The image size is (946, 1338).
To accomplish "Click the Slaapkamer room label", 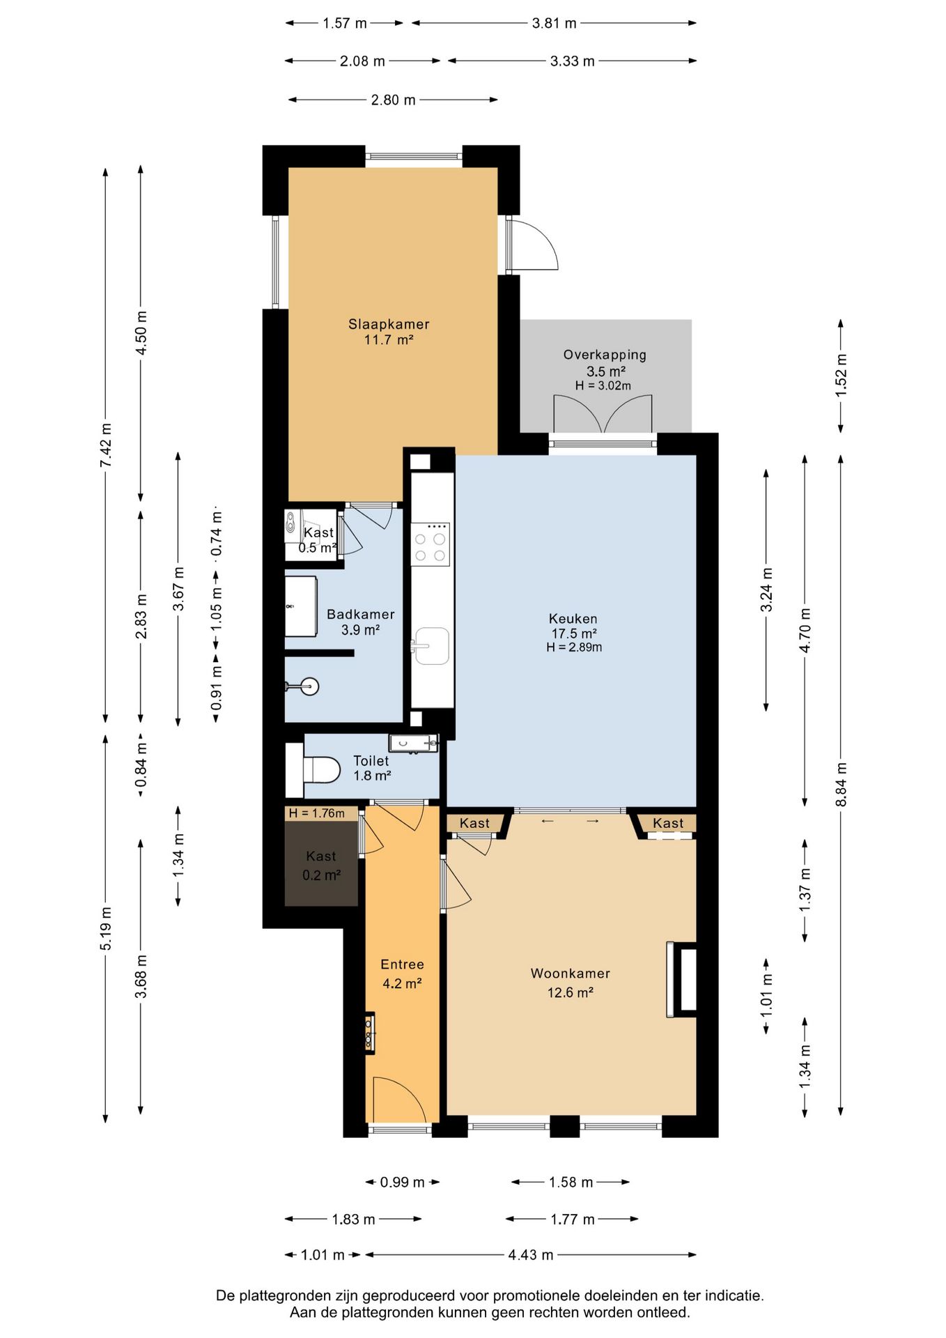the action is (x=389, y=324).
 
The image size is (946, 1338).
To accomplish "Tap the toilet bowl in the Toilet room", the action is (x=321, y=770).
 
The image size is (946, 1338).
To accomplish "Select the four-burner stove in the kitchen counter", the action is (x=431, y=544).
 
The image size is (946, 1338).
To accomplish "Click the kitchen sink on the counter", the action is (x=431, y=645).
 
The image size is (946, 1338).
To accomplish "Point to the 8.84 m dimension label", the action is (x=842, y=784).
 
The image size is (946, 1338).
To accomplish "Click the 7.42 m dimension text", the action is (x=105, y=445).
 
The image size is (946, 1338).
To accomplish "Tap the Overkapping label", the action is (x=605, y=355).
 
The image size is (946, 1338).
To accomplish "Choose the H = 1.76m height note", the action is (x=317, y=813).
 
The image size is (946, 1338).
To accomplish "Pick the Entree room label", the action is (x=402, y=964).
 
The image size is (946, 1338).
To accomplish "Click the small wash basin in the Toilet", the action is (x=413, y=743).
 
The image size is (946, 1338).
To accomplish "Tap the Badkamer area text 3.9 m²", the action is (x=360, y=630).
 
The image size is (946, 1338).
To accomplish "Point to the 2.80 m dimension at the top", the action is (x=393, y=100).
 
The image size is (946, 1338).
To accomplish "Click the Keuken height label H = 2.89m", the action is (x=574, y=647).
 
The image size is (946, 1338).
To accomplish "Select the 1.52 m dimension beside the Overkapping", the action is (x=842, y=376).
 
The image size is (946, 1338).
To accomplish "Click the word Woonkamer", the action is (x=571, y=974).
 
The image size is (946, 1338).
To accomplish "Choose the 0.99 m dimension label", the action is (x=402, y=1182).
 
